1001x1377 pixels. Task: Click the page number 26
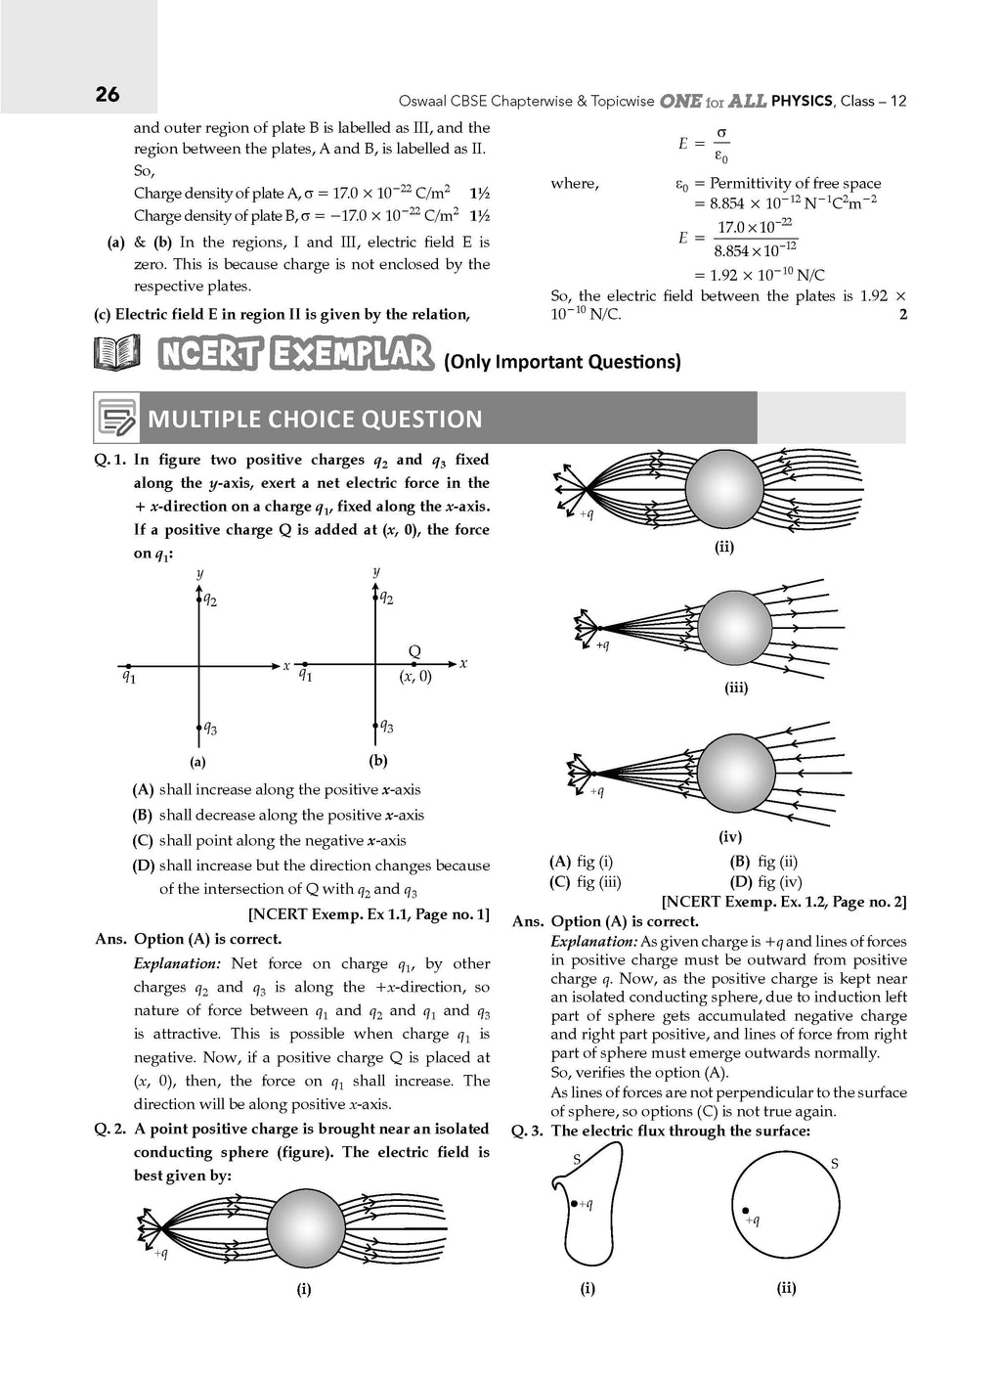pos(108,94)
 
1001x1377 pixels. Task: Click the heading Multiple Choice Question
pos(315,420)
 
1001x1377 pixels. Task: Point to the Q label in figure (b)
pos(414,651)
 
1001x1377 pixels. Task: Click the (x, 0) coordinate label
pos(414,676)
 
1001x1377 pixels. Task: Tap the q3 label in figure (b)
pos(388,726)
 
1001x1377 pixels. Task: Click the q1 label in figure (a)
pos(128,675)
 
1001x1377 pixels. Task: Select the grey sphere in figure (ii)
pos(723,486)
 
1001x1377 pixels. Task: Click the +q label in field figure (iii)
pos(602,644)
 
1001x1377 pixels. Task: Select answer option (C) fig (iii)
pos(586,881)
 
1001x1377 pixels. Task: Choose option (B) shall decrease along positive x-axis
pos(279,815)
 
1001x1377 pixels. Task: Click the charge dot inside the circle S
pos(746,1211)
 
